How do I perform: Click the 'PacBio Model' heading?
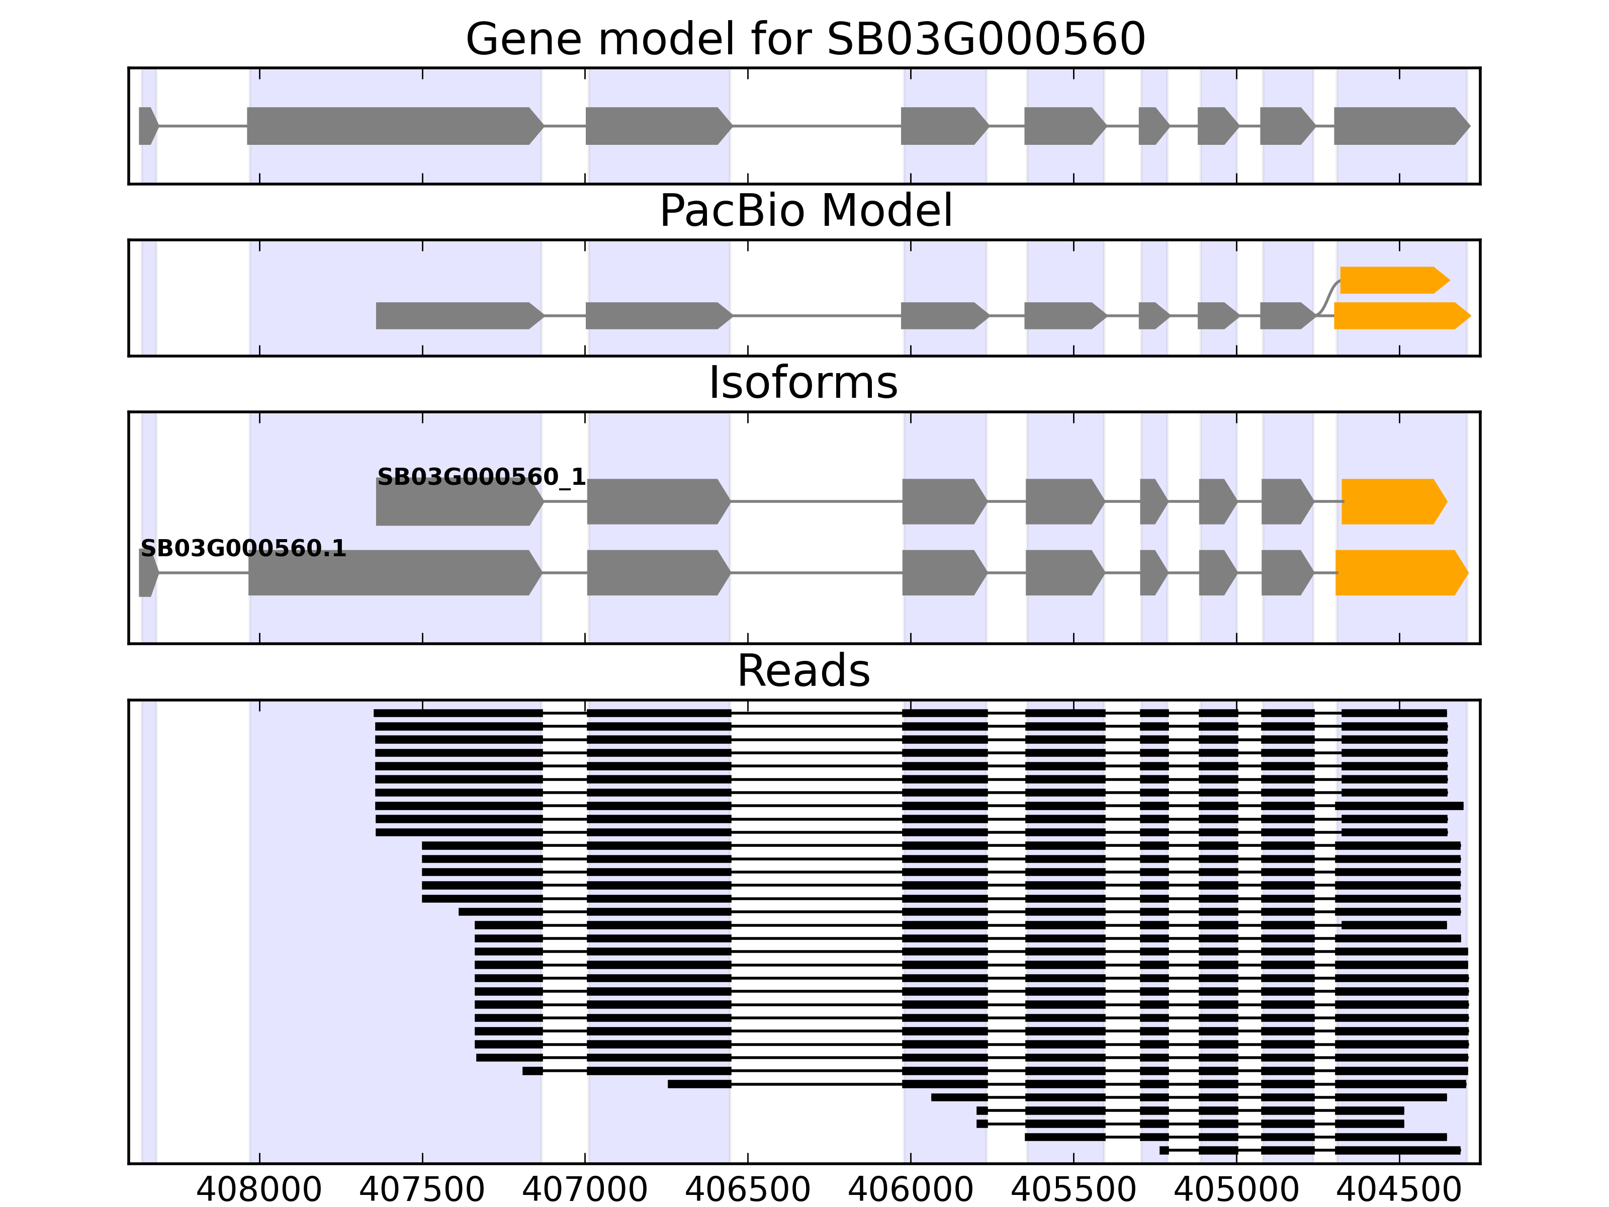click(805, 211)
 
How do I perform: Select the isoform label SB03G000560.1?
click(243, 548)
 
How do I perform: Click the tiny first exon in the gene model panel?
click(147, 126)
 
